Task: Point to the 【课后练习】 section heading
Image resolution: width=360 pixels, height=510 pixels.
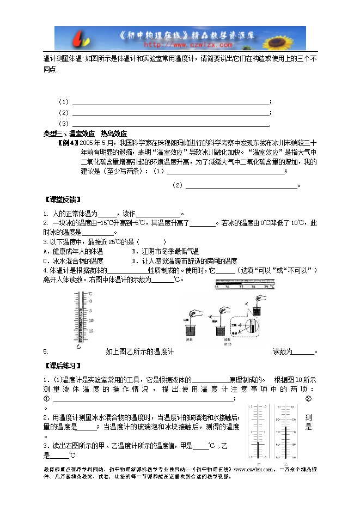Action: pyautogui.click(x=61, y=365)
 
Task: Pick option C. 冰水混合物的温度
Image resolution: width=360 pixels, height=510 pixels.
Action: pyautogui.click(x=76, y=261)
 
